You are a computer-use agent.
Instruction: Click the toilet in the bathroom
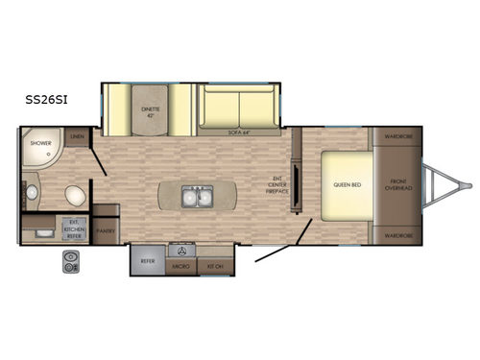[74, 196]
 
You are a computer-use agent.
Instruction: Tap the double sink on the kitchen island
[195, 198]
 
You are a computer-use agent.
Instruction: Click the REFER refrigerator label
[148, 260]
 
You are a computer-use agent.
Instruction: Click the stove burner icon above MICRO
[181, 247]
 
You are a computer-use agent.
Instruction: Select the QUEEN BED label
[347, 184]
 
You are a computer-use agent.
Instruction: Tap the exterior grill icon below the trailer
[71, 259]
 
